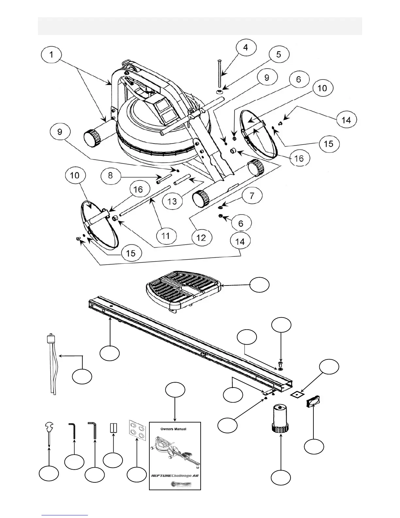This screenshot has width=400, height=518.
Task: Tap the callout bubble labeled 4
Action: pyautogui.click(x=245, y=47)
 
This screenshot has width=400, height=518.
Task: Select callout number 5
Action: pyautogui.click(x=278, y=54)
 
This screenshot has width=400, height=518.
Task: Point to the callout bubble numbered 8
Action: pyautogui.click(x=110, y=175)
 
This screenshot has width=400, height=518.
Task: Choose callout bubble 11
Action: pyautogui.click(x=166, y=235)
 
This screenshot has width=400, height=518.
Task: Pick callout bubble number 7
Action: pyautogui.click(x=252, y=196)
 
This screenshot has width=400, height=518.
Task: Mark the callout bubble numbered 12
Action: pyautogui.click(x=201, y=238)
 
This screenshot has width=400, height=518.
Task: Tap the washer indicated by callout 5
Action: pyautogui.click(x=219, y=92)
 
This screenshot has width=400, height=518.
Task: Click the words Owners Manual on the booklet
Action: pyautogui.click(x=174, y=429)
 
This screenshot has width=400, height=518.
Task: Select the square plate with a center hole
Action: pyautogui.click(x=297, y=395)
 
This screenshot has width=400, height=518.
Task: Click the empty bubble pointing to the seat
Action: pyautogui.click(x=260, y=285)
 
